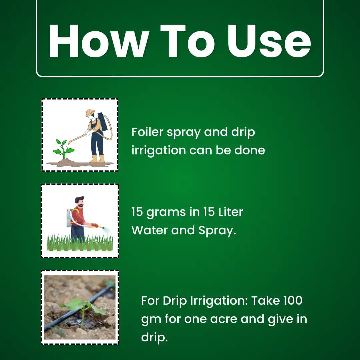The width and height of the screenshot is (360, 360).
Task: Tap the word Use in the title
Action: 269,41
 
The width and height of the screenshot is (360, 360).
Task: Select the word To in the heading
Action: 187,41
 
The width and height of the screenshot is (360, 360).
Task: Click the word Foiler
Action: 147,132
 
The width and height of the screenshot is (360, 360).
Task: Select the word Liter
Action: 230,212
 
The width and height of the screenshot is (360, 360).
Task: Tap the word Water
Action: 149,230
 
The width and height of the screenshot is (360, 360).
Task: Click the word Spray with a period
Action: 217,231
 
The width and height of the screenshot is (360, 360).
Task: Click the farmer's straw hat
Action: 90,113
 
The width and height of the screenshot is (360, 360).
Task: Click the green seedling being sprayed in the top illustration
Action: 63,149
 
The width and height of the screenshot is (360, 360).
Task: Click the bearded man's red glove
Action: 95,225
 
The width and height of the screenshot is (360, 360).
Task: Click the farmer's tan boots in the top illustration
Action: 97,159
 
